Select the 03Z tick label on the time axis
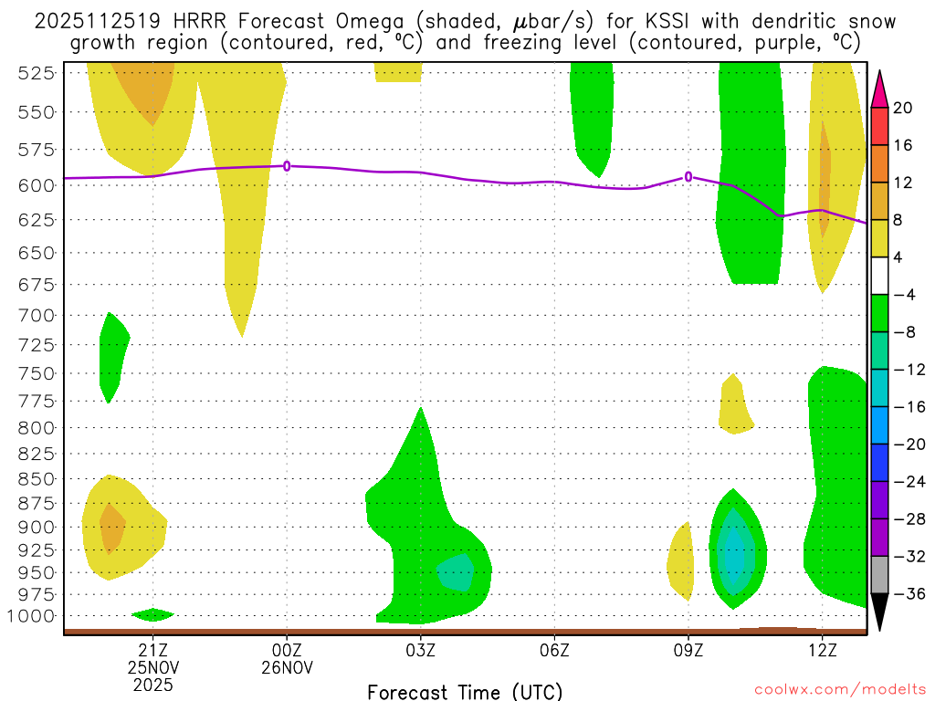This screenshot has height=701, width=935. pyautogui.click(x=420, y=651)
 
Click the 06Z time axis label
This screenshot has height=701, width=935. pyautogui.click(x=554, y=651)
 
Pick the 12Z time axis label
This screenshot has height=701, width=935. pyautogui.click(x=822, y=651)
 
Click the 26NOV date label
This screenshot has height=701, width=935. pyautogui.click(x=288, y=667)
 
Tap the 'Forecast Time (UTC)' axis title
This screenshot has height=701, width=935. pyautogui.click(x=465, y=691)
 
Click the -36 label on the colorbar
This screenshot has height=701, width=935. pyautogui.click(x=907, y=594)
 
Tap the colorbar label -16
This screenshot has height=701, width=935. pyautogui.click(x=907, y=407)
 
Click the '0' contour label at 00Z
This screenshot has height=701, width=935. pyautogui.click(x=288, y=166)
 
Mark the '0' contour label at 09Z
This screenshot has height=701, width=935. pyautogui.click(x=688, y=177)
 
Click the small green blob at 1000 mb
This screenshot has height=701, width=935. pyautogui.click(x=152, y=614)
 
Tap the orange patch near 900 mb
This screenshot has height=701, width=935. pyautogui.click(x=112, y=527)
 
